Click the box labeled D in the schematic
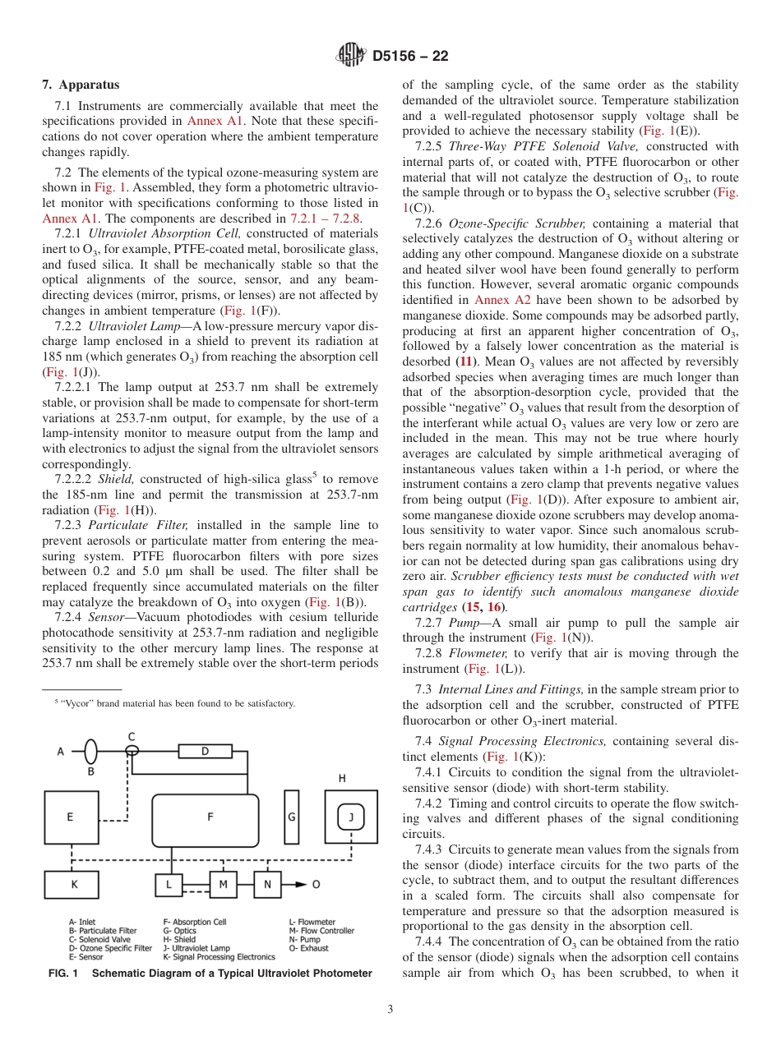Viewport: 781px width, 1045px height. pyautogui.click(x=206, y=751)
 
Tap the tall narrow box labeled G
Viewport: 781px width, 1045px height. pyautogui.click(x=291, y=817)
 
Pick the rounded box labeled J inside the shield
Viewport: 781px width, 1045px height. pyautogui.click(x=351, y=817)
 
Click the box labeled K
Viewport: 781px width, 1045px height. pyautogui.click(x=72, y=884)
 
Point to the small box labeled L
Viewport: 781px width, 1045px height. pyautogui.click(x=169, y=884)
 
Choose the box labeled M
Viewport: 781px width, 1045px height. pyautogui.click(x=222, y=884)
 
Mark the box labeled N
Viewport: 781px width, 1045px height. pyautogui.click(x=267, y=884)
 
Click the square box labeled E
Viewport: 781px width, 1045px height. pyautogui.click(x=72, y=817)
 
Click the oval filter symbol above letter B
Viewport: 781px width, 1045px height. pyautogui.click(x=91, y=751)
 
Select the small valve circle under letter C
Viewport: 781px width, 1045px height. pyautogui.click(x=132, y=751)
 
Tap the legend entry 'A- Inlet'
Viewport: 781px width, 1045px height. pyautogui.click(x=82, y=923)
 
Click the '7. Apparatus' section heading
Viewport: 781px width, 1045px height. pyautogui.click(x=81, y=85)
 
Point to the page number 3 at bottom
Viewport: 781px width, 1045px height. pyautogui.click(x=390, y=1010)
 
